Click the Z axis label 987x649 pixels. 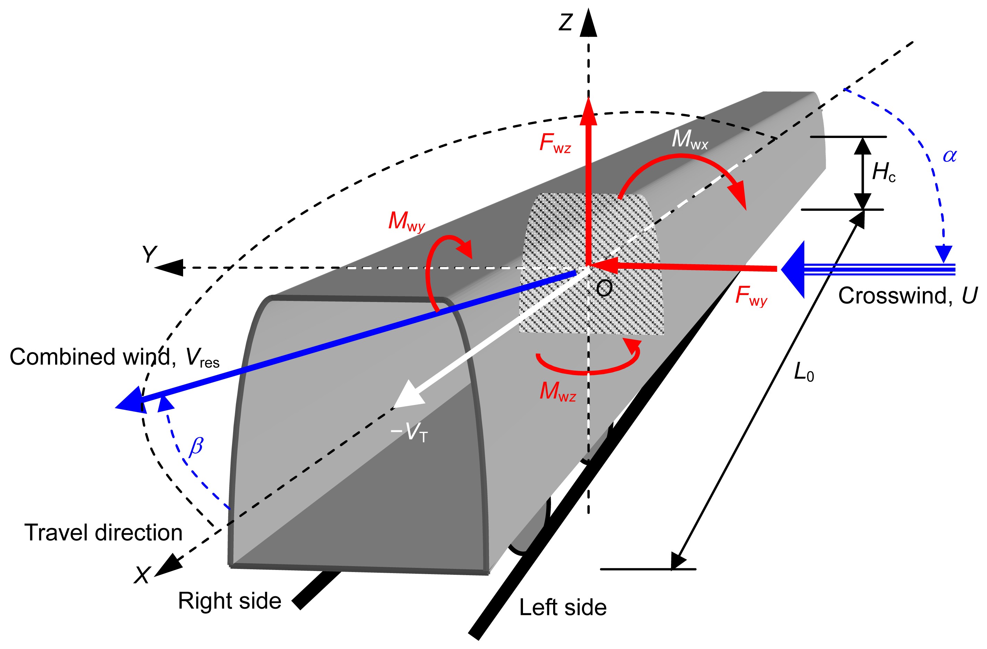click(x=566, y=23)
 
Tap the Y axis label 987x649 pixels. click(x=149, y=254)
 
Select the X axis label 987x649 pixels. click(x=141, y=575)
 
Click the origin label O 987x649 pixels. click(x=604, y=288)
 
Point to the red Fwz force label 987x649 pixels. click(x=555, y=144)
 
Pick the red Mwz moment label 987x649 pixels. click(x=557, y=391)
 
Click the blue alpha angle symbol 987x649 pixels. click(x=950, y=156)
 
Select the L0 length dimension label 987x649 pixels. click(x=804, y=372)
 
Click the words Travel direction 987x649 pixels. click(x=103, y=533)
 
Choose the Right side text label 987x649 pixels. click(x=229, y=601)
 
